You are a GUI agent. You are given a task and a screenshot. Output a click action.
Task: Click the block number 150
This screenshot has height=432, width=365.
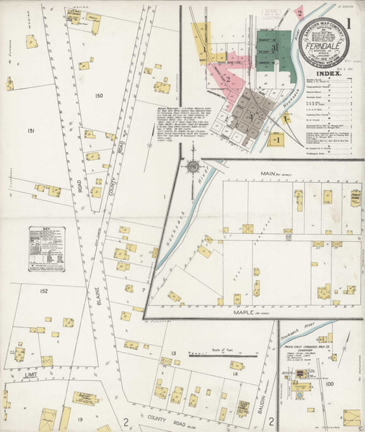click(99, 96)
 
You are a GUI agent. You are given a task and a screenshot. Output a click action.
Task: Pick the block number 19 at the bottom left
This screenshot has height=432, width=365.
click(81, 418)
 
